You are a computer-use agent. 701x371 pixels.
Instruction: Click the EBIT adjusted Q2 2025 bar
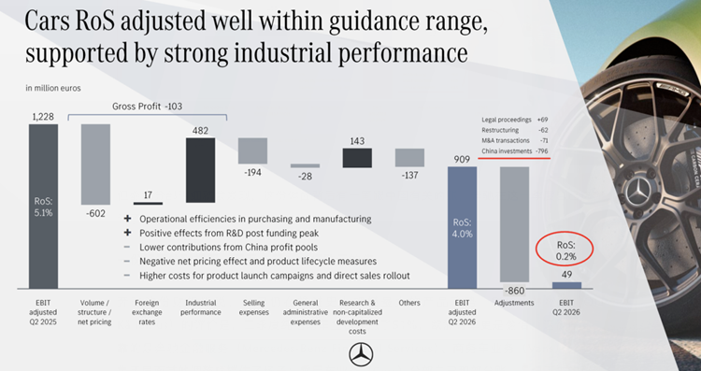[x=43, y=207]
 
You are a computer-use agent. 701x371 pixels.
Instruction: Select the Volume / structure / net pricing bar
[x=95, y=164]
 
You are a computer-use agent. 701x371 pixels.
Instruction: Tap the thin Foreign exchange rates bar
[x=148, y=204]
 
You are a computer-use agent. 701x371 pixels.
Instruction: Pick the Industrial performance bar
[x=200, y=170]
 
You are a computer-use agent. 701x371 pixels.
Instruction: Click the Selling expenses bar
[x=252, y=150]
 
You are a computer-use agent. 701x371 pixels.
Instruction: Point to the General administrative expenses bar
[x=305, y=165]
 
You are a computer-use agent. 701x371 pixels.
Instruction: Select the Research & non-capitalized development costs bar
[x=357, y=158]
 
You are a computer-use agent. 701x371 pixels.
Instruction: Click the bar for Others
[x=409, y=158]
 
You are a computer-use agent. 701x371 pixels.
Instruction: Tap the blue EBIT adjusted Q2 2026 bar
[x=463, y=227]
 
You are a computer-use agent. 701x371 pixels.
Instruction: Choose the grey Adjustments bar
[x=515, y=224]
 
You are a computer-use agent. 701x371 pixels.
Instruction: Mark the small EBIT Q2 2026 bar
[x=567, y=285]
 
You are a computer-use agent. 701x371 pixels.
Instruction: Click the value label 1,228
[x=43, y=117]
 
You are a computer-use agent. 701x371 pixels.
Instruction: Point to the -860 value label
[x=515, y=291]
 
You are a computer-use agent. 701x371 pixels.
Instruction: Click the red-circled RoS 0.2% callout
[x=566, y=250]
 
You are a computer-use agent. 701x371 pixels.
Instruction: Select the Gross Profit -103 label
[x=147, y=107]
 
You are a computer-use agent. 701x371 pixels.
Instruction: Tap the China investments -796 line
[x=515, y=151]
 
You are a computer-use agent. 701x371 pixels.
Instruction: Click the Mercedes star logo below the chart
[x=361, y=354]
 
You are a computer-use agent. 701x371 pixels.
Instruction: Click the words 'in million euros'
[x=53, y=89]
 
